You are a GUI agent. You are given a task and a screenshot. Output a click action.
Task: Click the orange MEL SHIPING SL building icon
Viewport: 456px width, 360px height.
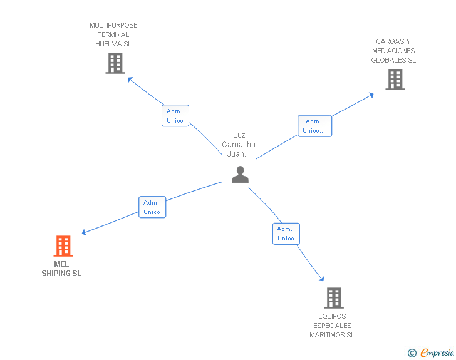[x=63, y=246]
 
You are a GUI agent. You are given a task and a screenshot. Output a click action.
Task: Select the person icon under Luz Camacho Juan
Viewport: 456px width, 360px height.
[x=240, y=175]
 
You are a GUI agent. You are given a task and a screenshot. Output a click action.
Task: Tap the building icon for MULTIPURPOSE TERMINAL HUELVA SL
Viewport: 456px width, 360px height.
[x=115, y=63]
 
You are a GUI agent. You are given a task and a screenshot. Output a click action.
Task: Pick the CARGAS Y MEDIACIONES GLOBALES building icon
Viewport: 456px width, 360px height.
[x=395, y=80]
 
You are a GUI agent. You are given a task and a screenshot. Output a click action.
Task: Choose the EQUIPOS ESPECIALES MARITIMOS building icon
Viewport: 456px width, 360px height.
[x=333, y=298]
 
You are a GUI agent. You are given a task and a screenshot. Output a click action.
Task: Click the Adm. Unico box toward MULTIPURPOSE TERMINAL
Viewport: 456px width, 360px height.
[x=175, y=116]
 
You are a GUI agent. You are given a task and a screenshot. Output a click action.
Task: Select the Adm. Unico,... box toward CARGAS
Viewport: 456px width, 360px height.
[x=314, y=126]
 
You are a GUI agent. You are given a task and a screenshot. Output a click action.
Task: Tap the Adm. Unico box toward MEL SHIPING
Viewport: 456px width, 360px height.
[x=152, y=207]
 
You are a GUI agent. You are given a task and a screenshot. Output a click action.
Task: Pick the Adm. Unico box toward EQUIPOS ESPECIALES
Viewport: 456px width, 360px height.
[x=286, y=234]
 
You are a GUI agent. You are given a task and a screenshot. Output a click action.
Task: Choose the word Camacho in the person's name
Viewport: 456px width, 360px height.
[x=239, y=145]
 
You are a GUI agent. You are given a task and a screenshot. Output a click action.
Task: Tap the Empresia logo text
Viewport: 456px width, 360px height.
[x=437, y=352]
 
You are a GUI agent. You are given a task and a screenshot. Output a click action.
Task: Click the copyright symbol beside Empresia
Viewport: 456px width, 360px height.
[x=412, y=353]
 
